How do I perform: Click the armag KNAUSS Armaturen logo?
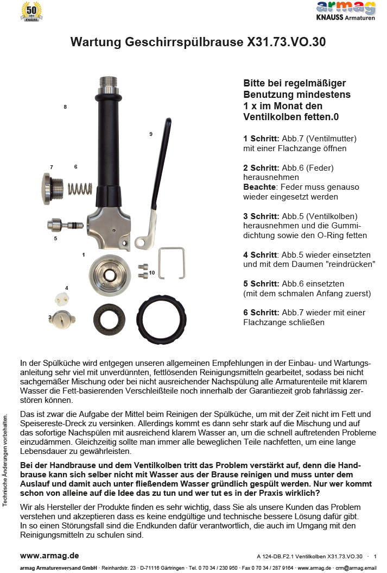pyautogui.click(x=346, y=11)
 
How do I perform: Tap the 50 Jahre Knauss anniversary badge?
pyautogui.click(x=31, y=11)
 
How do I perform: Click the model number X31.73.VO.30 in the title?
pyautogui.click(x=286, y=42)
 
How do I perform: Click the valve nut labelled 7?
pyautogui.click(x=53, y=188)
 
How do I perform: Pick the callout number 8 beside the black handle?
pyautogui.click(x=65, y=107)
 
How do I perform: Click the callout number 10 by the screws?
pyautogui.click(x=152, y=272)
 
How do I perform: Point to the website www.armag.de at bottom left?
pyautogui.click(x=49, y=556)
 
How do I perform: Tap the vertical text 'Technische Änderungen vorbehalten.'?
pyautogui.click(x=5, y=460)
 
